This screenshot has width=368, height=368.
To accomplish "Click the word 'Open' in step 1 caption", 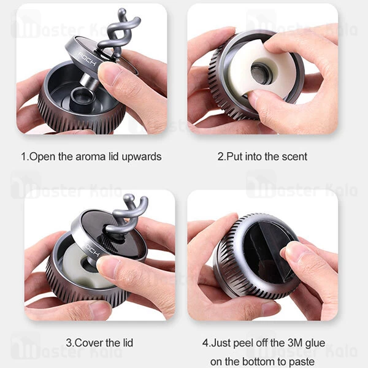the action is click(x=42, y=156).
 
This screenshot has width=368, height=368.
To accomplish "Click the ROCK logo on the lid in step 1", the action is click(x=87, y=59).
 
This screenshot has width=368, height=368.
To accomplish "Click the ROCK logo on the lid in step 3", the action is click(x=93, y=250).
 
